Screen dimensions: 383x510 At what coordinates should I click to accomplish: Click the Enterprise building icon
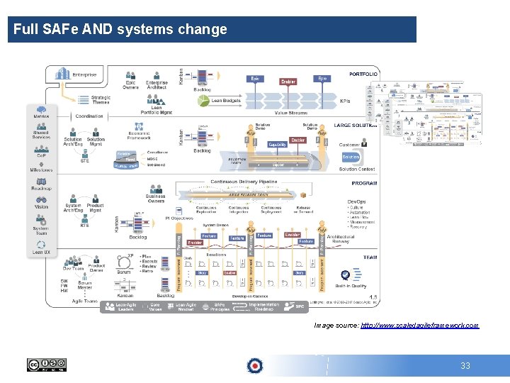[64, 74]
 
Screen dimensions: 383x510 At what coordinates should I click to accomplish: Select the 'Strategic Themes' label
[101, 100]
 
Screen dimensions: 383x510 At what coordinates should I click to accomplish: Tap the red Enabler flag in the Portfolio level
[288, 82]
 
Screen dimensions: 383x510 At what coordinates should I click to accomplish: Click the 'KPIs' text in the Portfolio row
[345, 101]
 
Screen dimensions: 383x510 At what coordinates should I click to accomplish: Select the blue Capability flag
[278, 144]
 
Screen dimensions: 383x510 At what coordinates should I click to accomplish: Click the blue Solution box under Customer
[351, 157]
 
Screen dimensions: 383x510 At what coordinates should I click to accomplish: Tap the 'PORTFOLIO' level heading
[363, 74]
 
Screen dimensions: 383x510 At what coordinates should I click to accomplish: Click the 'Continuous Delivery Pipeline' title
[244, 182]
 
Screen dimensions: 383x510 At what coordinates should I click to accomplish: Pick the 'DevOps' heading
[357, 201]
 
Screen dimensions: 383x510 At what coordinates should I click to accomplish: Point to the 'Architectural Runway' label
[341, 240]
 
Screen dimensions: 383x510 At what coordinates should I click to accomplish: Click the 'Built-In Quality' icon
[345, 276]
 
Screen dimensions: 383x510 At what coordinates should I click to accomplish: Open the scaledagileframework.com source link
[419, 325]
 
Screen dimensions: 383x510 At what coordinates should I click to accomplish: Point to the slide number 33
[465, 366]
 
